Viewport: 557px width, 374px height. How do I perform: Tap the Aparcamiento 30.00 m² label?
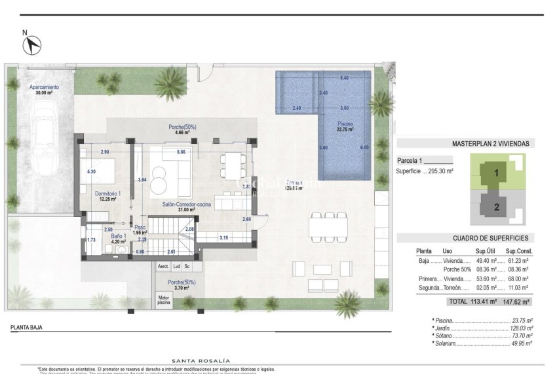44,90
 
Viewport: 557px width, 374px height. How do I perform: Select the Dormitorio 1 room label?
107,196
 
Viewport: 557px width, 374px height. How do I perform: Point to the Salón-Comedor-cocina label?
187,206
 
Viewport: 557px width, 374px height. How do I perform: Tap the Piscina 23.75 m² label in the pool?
345,126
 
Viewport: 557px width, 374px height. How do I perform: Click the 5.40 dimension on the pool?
344,78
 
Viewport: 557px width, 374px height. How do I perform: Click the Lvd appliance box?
177,267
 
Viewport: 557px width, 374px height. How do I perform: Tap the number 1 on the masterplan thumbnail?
496,173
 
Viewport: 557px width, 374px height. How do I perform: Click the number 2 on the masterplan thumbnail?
496,207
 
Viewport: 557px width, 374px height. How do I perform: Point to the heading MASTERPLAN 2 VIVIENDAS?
491,143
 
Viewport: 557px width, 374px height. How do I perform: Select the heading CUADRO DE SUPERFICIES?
490,238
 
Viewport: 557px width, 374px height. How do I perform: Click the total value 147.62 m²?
517,302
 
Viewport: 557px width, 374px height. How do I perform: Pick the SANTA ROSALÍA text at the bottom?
201,360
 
